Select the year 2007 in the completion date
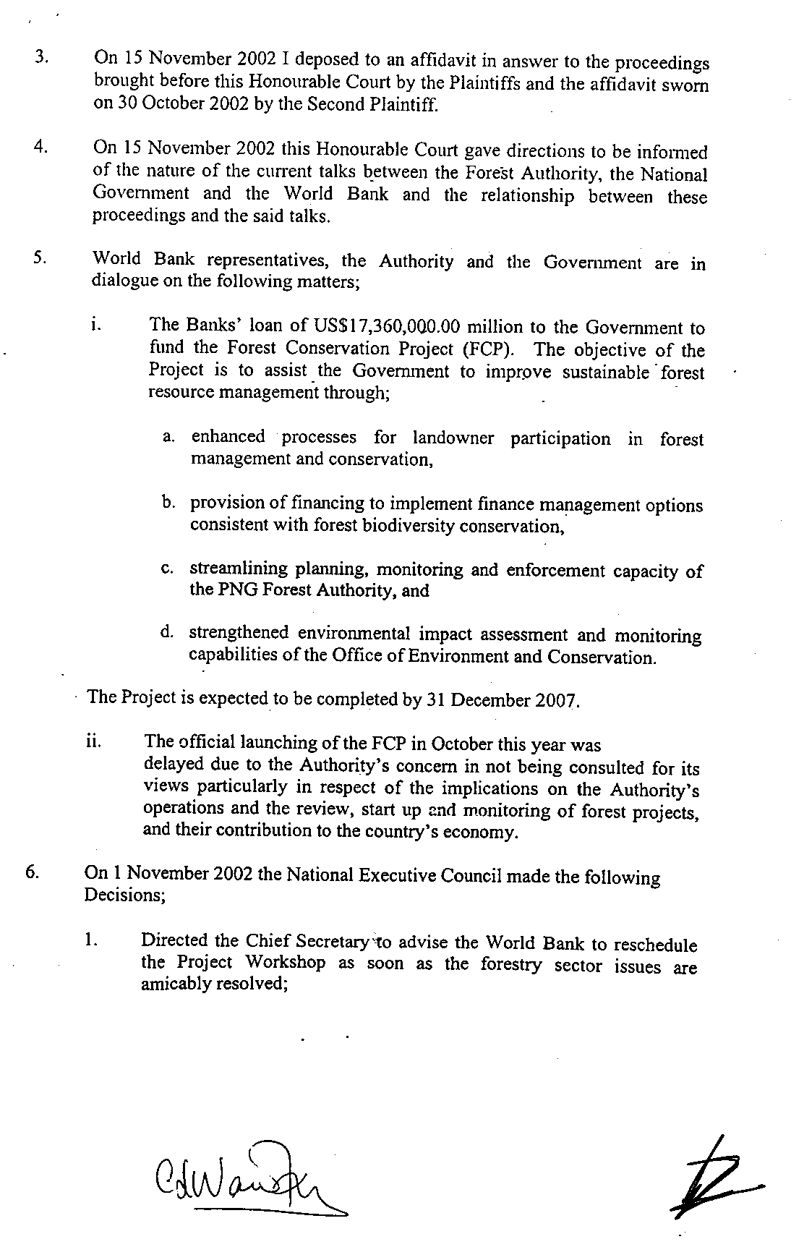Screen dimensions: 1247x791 coord(558,701)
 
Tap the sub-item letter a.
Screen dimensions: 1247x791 coord(168,437)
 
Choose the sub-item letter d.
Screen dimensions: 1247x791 coord(167,633)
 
